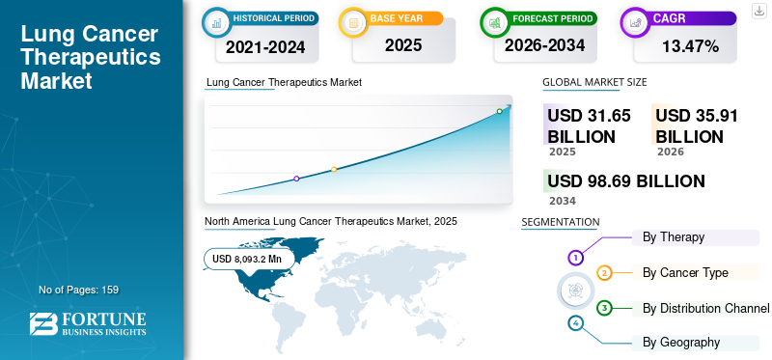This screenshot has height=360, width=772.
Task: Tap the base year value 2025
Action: coord(403,45)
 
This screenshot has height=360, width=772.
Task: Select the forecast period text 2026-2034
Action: coord(544,45)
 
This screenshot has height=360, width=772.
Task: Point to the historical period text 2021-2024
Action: coord(265,46)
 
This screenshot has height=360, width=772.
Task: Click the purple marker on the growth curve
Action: coord(296,179)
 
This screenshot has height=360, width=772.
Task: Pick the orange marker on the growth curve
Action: coord(334,170)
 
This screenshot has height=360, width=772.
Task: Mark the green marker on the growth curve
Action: coord(499,111)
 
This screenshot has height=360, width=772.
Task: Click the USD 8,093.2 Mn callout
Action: coord(247,259)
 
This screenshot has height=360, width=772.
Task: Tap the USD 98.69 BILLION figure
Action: coord(626,181)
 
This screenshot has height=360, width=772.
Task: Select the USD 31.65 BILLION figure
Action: coord(589,125)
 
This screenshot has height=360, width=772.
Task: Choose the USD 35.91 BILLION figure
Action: coord(697,125)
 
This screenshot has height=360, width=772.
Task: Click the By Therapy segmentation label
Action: coord(674,237)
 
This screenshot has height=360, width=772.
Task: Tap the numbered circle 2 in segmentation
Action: coord(604,273)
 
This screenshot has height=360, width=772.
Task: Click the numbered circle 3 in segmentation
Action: coord(604,308)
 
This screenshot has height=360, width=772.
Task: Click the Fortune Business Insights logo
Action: coord(88,324)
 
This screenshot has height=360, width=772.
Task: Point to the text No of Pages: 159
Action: coord(79,290)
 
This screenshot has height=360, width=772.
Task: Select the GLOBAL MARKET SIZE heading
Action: coord(594,82)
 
